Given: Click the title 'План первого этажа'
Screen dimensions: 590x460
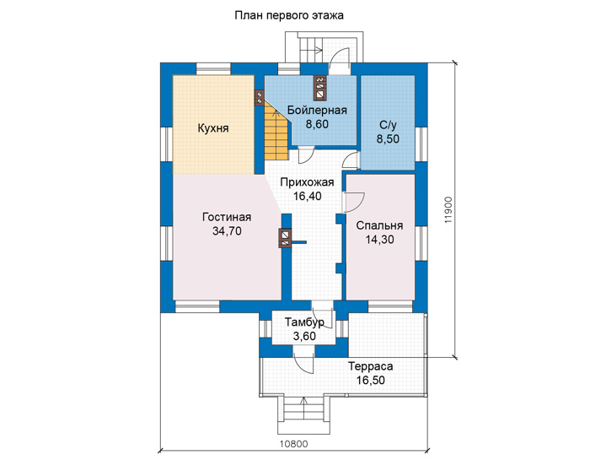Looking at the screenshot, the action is pyautogui.click(x=289, y=16).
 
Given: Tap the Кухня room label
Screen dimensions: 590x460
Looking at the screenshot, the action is pyautogui.click(x=213, y=128).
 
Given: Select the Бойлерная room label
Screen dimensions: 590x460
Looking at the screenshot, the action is pyautogui.click(x=317, y=111).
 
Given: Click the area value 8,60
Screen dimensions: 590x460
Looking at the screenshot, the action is pyautogui.click(x=317, y=124).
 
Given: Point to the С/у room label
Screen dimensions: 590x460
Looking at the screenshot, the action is pyautogui.click(x=388, y=125).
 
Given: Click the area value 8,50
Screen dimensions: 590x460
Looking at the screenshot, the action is pyautogui.click(x=388, y=139).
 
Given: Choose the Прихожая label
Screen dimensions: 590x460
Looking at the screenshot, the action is pyautogui.click(x=307, y=182).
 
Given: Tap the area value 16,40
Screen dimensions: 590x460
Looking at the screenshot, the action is pyautogui.click(x=307, y=197).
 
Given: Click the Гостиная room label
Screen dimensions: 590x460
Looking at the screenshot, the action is pyautogui.click(x=227, y=218).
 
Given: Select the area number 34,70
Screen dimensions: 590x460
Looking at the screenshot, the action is pyautogui.click(x=227, y=231).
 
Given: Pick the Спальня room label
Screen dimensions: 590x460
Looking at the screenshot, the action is pyautogui.click(x=379, y=225).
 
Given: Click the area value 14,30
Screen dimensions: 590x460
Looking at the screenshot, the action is pyautogui.click(x=379, y=240).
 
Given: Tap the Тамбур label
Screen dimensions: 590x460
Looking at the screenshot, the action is pyautogui.click(x=304, y=322).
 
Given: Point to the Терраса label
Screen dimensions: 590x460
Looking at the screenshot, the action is pyautogui.click(x=371, y=366).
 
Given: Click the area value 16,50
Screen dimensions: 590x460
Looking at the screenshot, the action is pyautogui.click(x=371, y=381).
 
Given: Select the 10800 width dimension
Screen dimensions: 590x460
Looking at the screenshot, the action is pyautogui.click(x=293, y=444).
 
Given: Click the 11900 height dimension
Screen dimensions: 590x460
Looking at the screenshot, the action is pyautogui.click(x=448, y=210).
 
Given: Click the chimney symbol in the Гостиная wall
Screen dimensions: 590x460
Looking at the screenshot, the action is pyautogui.click(x=285, y=238).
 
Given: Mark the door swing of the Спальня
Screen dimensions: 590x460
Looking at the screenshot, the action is pyautogui.click(x=355, y=203).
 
